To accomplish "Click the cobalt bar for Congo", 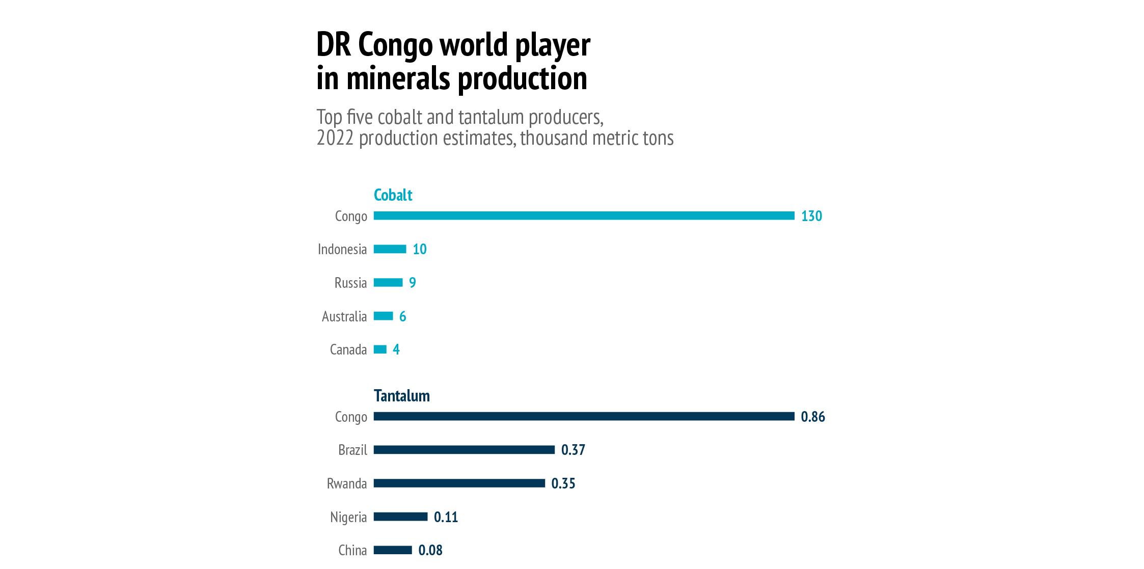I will pos(584,216).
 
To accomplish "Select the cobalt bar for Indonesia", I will pos(390,249).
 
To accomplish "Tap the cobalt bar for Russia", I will pos(388,283).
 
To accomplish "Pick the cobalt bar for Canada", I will pos(380,349).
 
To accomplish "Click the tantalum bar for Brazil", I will pos(464,450).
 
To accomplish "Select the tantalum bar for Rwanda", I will pos(459,483).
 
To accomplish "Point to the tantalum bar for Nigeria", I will pos(400,517).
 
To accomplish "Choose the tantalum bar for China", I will pos(393,550).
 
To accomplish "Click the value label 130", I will pos(811,216).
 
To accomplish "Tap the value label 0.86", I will pos(812,417).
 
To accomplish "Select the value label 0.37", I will pos(573,450).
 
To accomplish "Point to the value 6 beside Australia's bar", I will pos(402,317).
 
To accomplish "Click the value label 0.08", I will pos(430,551).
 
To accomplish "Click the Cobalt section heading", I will pos(393,195).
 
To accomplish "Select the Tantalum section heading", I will pos(401,396).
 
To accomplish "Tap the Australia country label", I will pos(344,317).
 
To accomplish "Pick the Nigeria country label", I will pos(348,518).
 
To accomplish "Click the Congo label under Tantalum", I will pos(351,417).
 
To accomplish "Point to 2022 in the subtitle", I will pos(335,139).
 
